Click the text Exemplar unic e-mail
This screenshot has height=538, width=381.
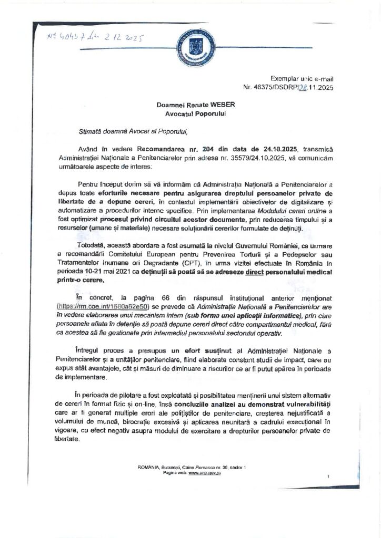pyautogui.click(x=298, y=77)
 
